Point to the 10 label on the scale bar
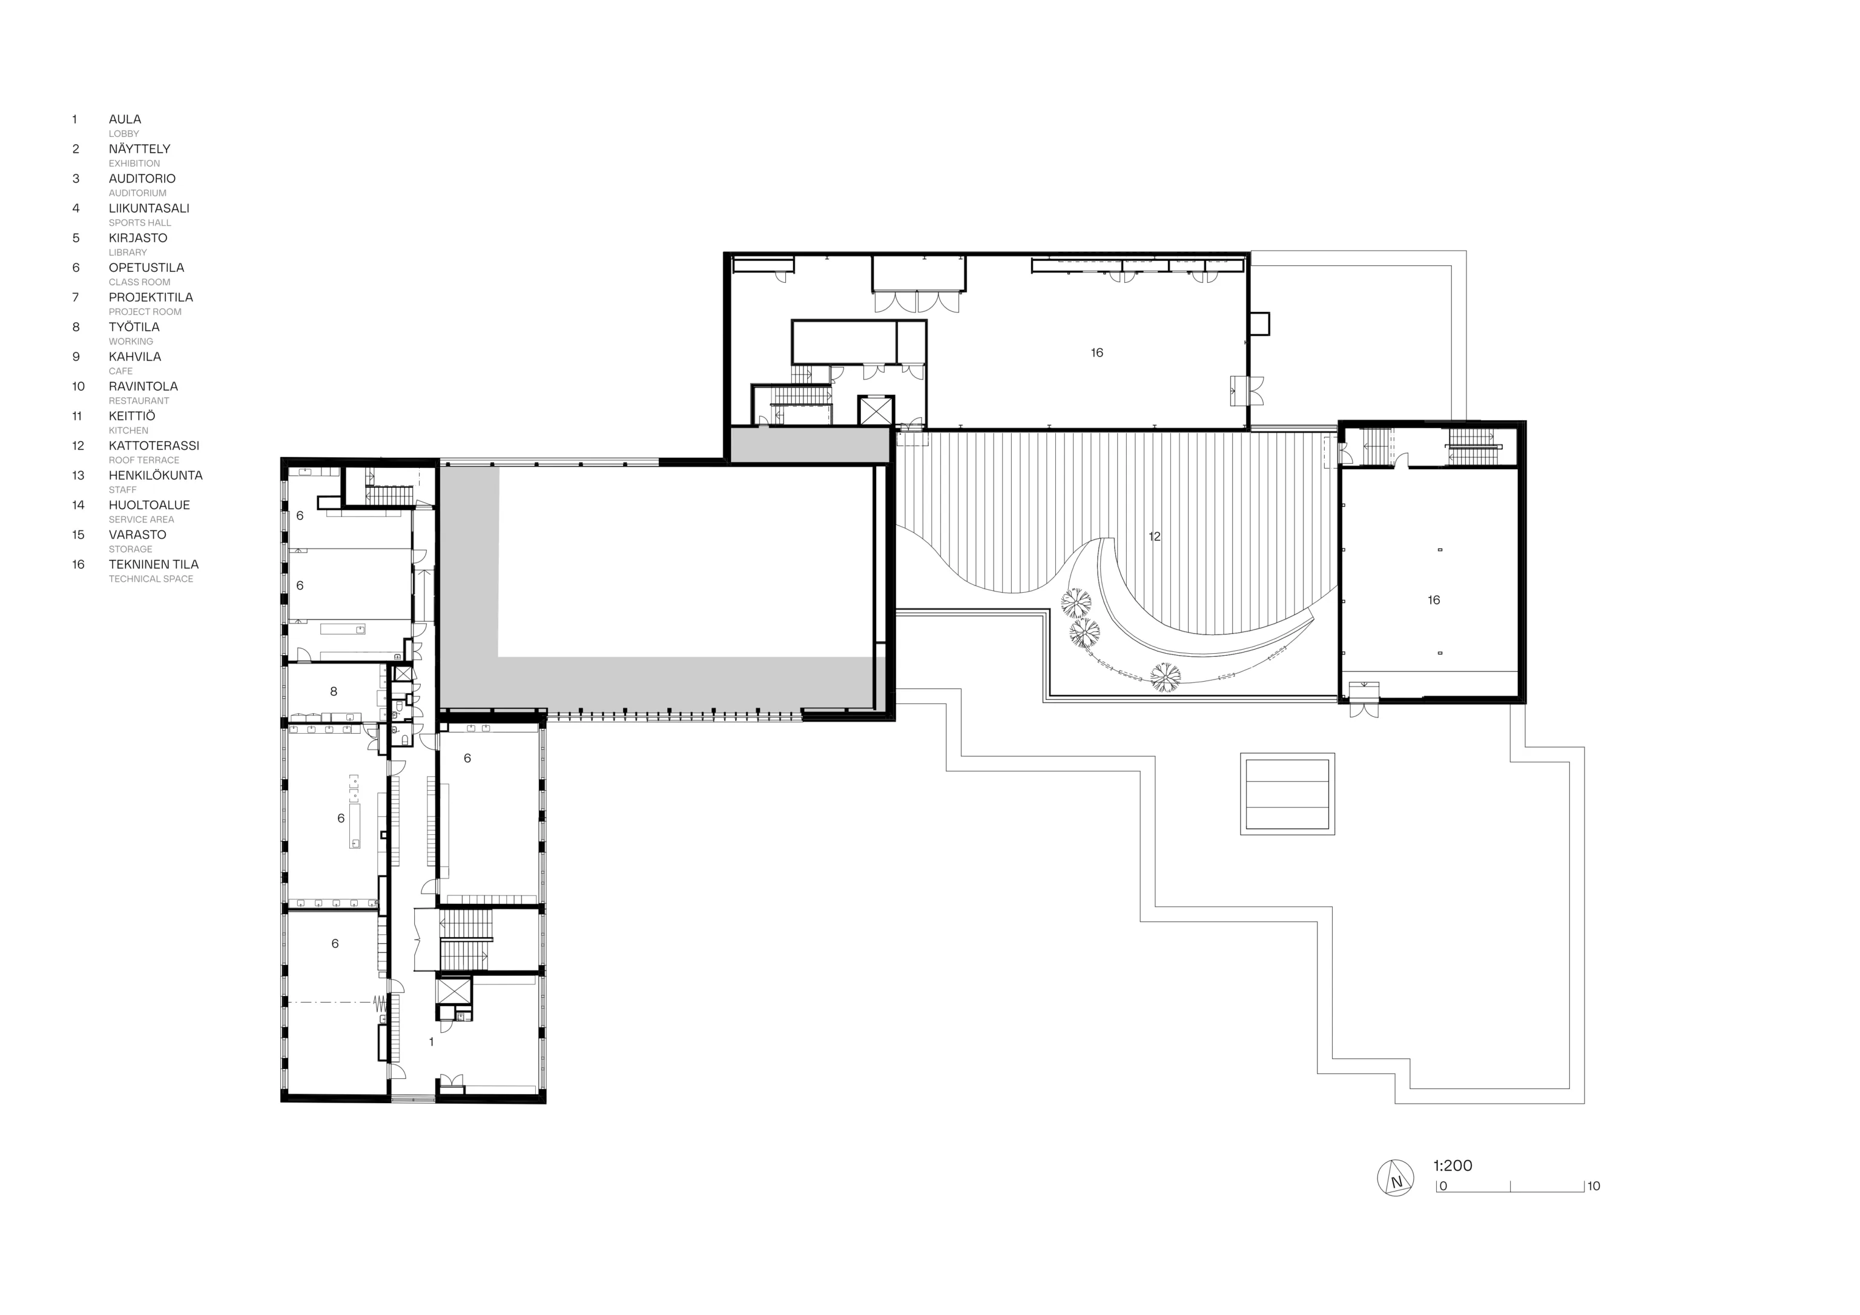click(1594, 1186)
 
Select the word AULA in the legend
click(125, 119)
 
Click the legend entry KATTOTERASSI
click(154, 446)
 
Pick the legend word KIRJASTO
click(137, 238)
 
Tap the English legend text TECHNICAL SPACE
click(151, 579)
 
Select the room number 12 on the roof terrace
click(1155, 536)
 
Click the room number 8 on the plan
click(333, 691)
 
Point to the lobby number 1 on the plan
click(431, 1042)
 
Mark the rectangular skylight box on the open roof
click(1287, 794)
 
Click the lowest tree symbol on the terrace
click(1165, 676)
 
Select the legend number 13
click(77, 476)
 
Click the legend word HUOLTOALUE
click(149, 505)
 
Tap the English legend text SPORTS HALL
click(140, 223)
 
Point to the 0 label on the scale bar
click(1443, 1186)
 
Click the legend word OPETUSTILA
click(147, 268)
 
